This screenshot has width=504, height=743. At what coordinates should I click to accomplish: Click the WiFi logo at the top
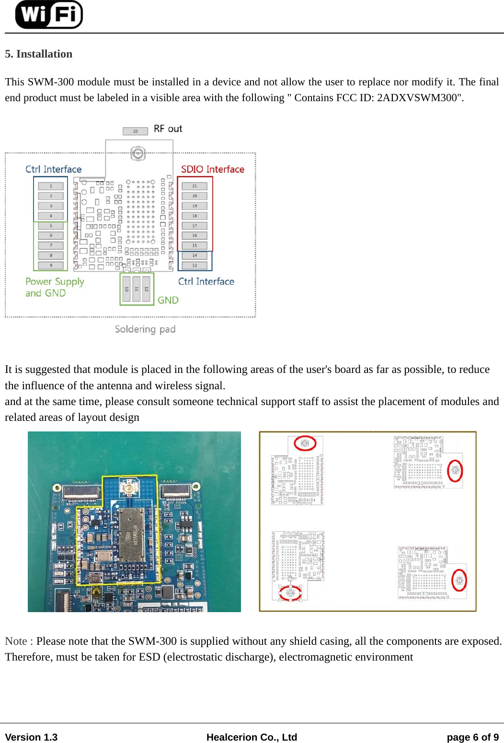[x=49, y=14]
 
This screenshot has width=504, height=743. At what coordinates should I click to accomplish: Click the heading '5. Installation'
[x=39, y=54]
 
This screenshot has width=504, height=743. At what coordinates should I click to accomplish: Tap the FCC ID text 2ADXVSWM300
[x=419, y=98]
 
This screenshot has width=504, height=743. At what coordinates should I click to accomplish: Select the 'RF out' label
[x=168, y=129]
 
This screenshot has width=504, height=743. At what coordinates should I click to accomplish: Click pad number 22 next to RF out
[x=135, y=131]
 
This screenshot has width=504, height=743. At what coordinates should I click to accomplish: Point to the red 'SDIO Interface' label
[x=212, y=169]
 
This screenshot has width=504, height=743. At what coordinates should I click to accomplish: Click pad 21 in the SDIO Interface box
[x=195, y=186]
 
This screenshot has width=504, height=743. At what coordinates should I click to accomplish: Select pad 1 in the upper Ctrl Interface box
[x=51, y=186]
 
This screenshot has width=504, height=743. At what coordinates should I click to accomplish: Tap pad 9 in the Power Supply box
[x=51, y=265]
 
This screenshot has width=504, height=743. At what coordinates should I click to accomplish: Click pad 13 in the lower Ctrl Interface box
[x=195, y=265]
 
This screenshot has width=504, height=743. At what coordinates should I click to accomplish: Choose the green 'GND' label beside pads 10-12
[x=168, y=300]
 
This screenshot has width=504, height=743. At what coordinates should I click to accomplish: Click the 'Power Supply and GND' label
[x=54, y=287]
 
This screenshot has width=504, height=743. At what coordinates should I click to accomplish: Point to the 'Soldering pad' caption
[x=145, y=329]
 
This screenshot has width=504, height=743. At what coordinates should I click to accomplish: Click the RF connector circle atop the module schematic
[x=138, y=153]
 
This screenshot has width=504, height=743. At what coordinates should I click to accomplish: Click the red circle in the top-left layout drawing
[x=305, y=443]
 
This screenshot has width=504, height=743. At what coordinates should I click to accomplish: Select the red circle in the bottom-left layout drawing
[x=290, y=593]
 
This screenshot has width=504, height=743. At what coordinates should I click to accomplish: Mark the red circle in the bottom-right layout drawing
[x=459, y=580]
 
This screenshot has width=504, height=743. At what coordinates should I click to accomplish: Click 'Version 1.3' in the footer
[x=31, y=737]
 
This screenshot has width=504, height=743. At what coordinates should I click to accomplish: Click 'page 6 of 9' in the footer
[x=472, y=737]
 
